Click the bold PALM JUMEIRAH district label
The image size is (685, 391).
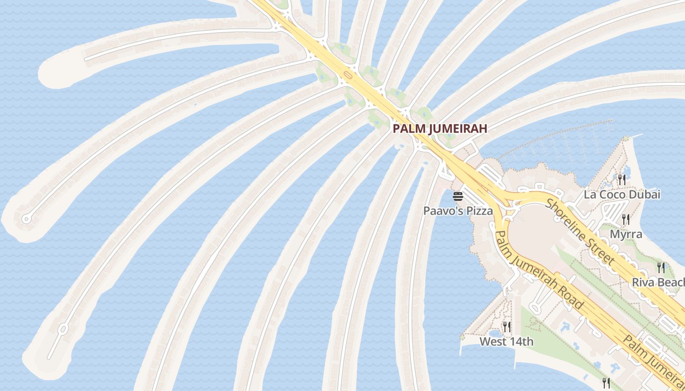[440, 129]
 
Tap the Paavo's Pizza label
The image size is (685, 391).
[457, 211]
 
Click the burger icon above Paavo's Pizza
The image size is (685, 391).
[458, 196]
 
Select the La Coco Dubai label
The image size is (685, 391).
[622, 195]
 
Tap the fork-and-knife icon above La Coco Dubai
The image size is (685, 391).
[621, 179]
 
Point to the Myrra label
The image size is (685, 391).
[626, 234]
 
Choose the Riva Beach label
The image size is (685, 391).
[658, 282]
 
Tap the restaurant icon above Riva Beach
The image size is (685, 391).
[661, 267]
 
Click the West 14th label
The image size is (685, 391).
[506, 342]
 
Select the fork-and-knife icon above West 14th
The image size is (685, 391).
[507, 326]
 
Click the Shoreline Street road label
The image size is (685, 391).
[580, 232]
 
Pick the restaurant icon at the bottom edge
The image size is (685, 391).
[606, 383]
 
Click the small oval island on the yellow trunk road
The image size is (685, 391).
[348, 75]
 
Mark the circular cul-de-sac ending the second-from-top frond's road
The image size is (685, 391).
[26, 219]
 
